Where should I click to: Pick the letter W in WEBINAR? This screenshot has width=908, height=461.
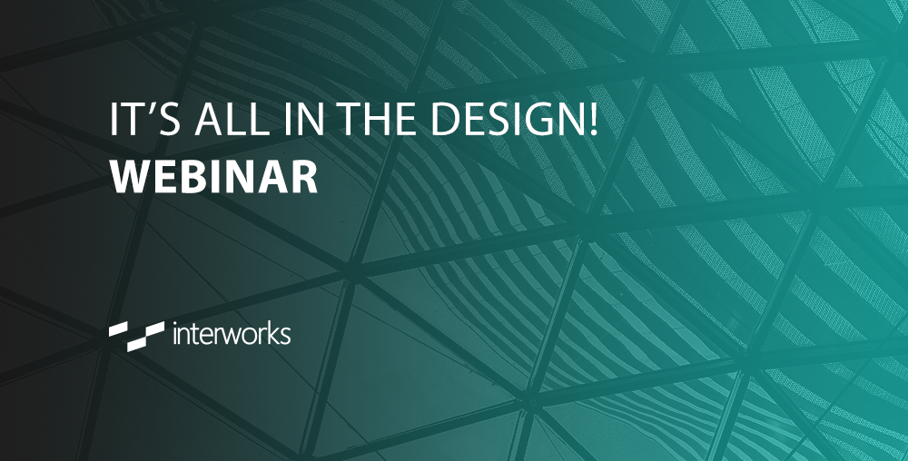pyautogui.click(x=129, y=176)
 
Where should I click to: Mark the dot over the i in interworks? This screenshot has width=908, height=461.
pyautogui.click(x=173, y=324)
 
